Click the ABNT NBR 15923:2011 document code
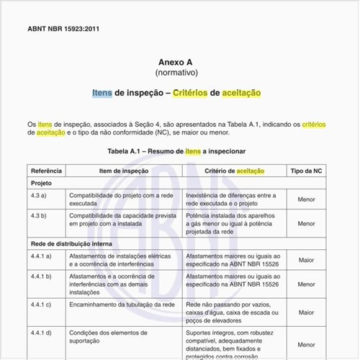(63, 30)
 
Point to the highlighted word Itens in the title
(102, 94)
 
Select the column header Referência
(46, 171)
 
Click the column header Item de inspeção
(124, 171)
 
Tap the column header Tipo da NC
(307, 171)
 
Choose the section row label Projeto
(40, 184)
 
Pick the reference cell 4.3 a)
(40, 195)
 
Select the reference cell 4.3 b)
(40, 215)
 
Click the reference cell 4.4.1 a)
(42, 256)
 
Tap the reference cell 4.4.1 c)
(42, 305)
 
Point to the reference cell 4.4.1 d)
(42, 333)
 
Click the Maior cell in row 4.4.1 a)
(307, 260)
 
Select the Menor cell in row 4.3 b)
(307, 224)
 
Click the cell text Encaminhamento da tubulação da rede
(122, 305)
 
